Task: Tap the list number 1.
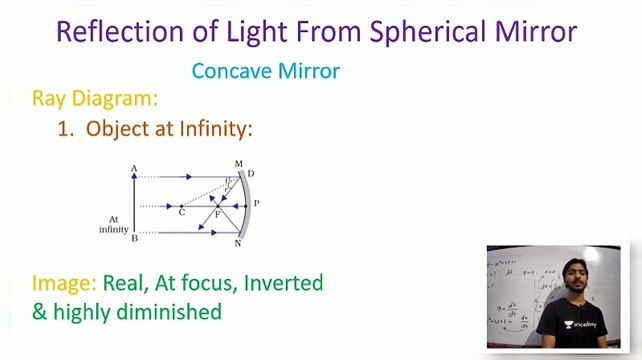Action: (x=66, y=128)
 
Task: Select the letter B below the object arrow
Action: (x=134, y=238)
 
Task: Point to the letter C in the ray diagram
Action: (x=181, y=213)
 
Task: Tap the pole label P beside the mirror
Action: (x=256, y=203)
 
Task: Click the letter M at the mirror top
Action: (x=238, y=164)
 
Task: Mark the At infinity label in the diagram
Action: (x=113, y=224)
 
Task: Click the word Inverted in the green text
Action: (x=284, y=283)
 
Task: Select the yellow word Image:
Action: (x=64, y=283)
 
